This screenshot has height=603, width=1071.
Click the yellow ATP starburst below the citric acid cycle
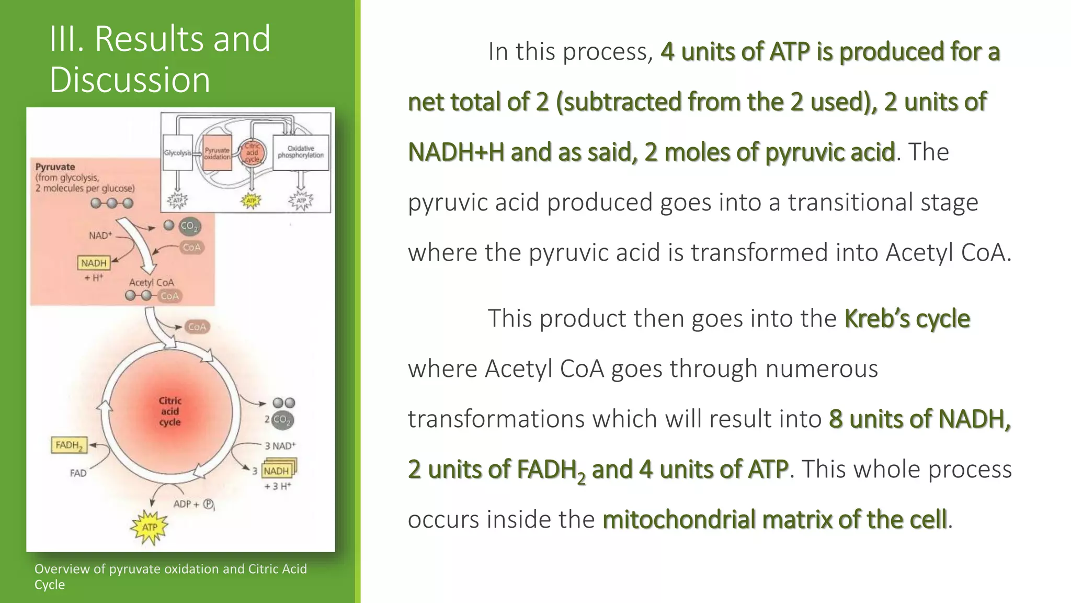click(150, 527)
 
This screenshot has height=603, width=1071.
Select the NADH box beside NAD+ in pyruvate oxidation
click(94, 263)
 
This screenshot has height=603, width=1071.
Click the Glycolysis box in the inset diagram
click(177, 153)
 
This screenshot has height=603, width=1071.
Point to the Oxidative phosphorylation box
click(301, 152)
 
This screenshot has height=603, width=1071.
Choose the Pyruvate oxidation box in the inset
click(217, 153)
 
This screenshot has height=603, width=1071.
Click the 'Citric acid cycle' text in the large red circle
click(170, 411)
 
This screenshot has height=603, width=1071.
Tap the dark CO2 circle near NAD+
click(189, 227)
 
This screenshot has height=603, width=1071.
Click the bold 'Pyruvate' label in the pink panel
click(55, 167)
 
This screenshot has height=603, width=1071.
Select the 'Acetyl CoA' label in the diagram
click(151, 283)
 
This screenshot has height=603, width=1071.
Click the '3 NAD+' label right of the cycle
click(280, 446)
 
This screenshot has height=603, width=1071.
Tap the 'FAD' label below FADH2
click(78, 473)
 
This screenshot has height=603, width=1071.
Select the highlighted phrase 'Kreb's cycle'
click(907, 318)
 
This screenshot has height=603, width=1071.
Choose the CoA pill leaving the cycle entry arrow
click(197, 327)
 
